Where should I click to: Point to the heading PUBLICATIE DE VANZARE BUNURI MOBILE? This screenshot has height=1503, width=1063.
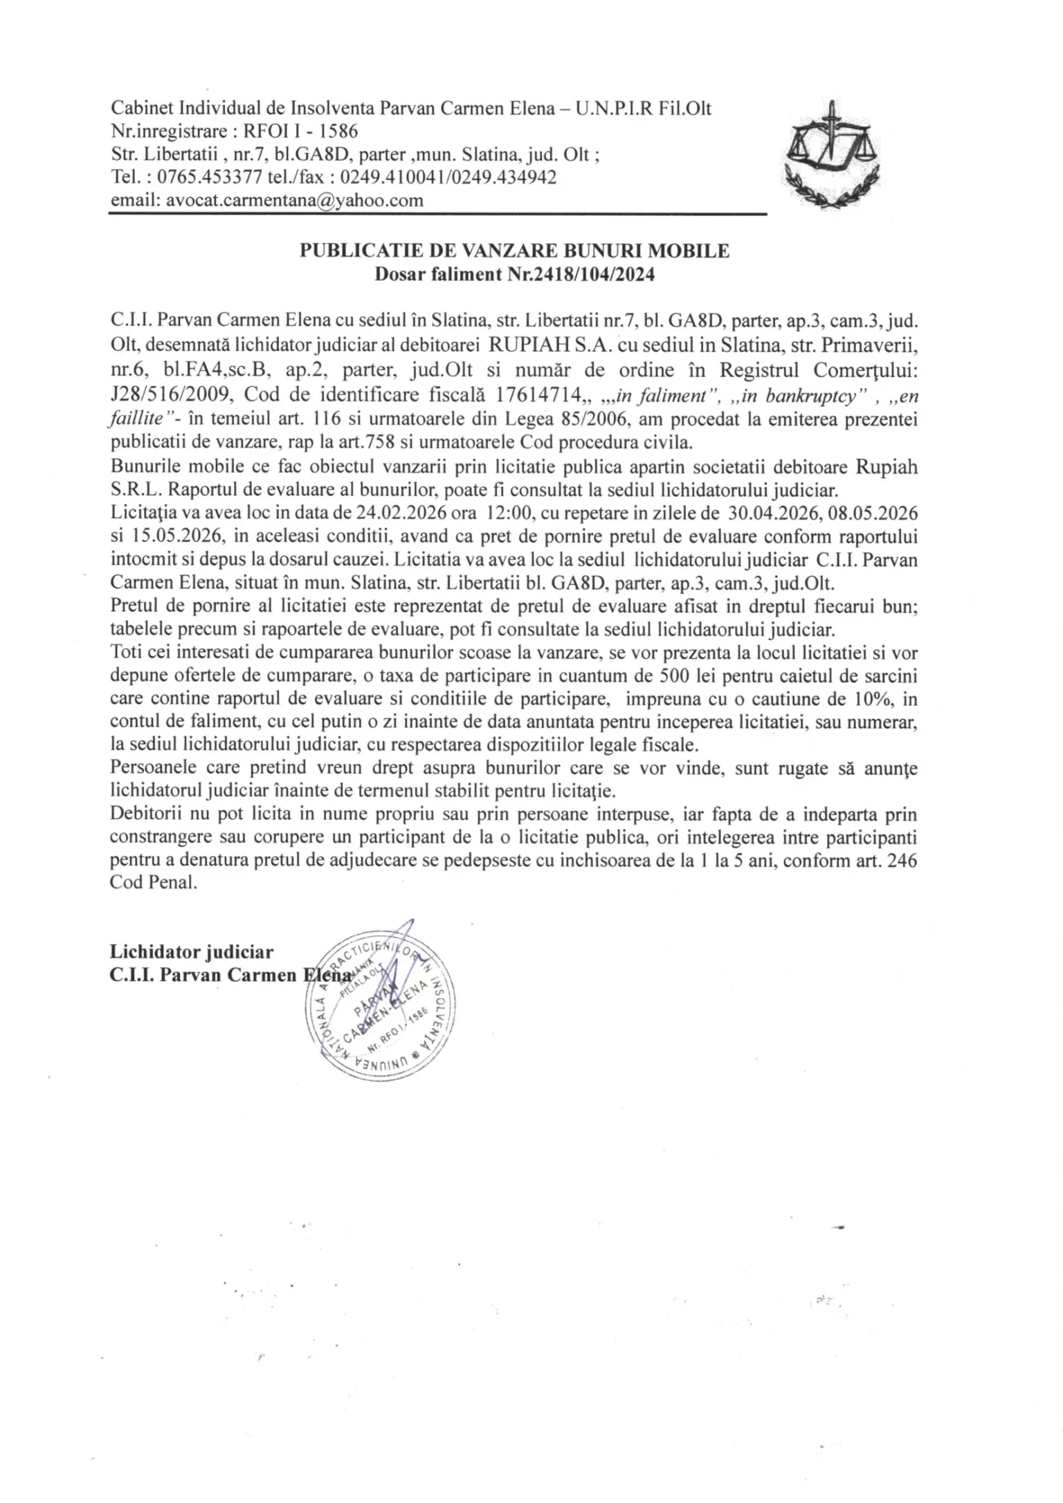point(514,250)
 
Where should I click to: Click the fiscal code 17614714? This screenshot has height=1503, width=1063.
point(537,394)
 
